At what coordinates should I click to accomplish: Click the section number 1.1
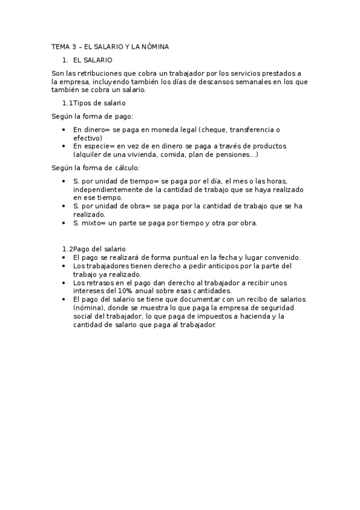coord(67,103)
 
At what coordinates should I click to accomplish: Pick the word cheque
coord(215,129)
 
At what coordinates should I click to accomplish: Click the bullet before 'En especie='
coord(64,146)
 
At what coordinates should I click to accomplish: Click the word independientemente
coord(105,189)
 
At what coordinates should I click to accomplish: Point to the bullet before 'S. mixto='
coord(64,223)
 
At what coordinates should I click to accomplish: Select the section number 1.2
coord(67,249)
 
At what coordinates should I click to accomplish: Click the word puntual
coord(178,257)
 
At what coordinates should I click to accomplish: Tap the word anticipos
coord(219,265)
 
